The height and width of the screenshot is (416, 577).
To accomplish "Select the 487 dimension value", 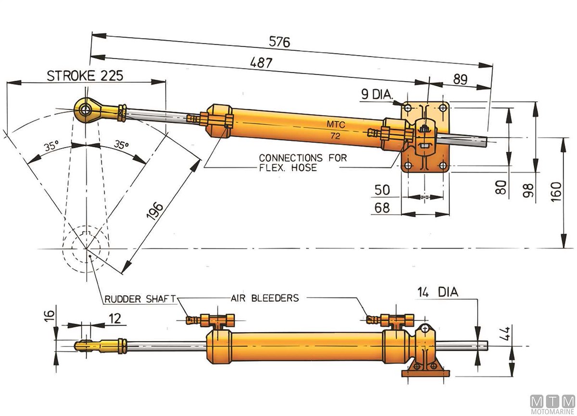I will [261, 63].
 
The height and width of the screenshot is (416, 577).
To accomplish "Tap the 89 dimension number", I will [460, 79].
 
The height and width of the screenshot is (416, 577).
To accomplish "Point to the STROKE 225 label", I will [85, 76].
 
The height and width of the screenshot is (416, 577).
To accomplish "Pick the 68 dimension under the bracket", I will [382, 208].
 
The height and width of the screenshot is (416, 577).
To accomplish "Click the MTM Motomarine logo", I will [552, 403].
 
